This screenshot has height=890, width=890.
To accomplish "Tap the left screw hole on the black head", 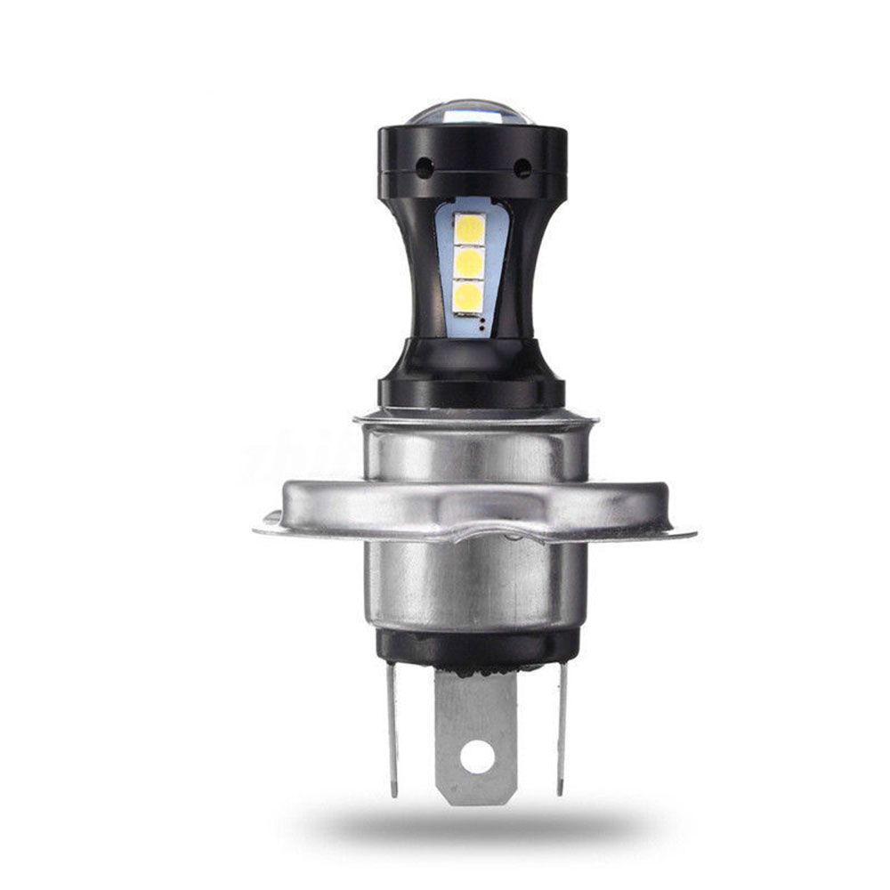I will pyautogui.click(x=425, y=166).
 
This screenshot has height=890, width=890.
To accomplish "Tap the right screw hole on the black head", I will pyautogui.click(x=522, y=166).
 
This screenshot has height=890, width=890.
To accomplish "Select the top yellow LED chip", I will pyautogui.click(x=469, y=229).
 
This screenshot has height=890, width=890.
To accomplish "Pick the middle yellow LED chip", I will pyautogui.click(x=469, y=263).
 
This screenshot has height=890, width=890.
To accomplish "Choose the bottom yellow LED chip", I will pyautogui.click(x=469, y=296).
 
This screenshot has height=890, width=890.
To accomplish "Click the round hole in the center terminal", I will pyautogui.click(x=479, y=757).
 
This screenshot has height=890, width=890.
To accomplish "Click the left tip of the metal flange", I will pyautogui.click(x=260, y=531).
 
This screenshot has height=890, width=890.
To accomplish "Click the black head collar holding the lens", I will pyautogui.click(x=472, y=160).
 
